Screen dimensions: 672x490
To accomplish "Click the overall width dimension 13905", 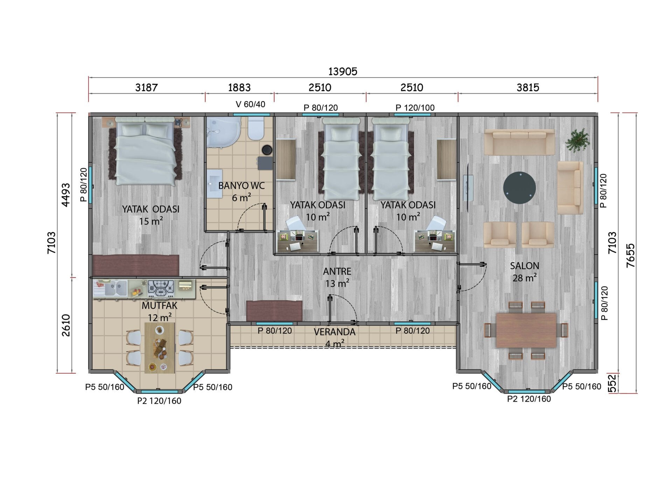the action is pos(343,72).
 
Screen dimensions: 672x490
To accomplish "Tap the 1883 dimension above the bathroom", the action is pos(239,87).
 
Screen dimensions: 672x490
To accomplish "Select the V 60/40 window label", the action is pos(251,104).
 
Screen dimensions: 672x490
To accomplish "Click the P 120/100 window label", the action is pos(415,108).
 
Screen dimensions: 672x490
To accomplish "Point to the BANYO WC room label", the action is pos(241,186).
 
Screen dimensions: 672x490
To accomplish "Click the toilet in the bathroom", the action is pos(255,128).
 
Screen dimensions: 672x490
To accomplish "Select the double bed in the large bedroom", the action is pos(145,151).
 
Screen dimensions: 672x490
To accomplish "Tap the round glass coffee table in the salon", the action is pos(519,188).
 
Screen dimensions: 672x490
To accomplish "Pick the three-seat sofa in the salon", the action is pos(519,142).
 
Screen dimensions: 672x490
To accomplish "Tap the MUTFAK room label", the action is pos(160,306).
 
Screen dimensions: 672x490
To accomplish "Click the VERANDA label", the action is pos(335,332).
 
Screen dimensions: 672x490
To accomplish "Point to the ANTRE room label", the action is pos(337,271).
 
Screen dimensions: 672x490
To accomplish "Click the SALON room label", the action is pos(524,266).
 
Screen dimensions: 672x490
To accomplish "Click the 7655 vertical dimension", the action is pos(630,256).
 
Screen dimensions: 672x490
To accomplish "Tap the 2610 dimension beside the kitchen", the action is pos(66,325).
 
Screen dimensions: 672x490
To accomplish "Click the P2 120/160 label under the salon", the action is pos(529,399).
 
